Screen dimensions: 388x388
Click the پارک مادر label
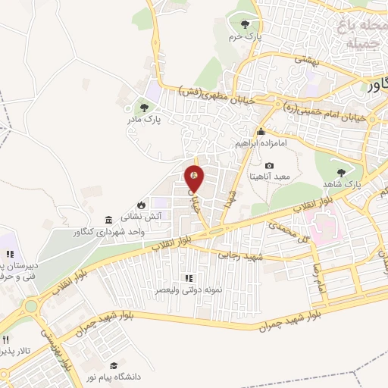click(143, 119)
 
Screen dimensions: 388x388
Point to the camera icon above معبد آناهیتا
click(270, 166)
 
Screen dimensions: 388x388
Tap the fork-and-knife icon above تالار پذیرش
click(6, 339)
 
